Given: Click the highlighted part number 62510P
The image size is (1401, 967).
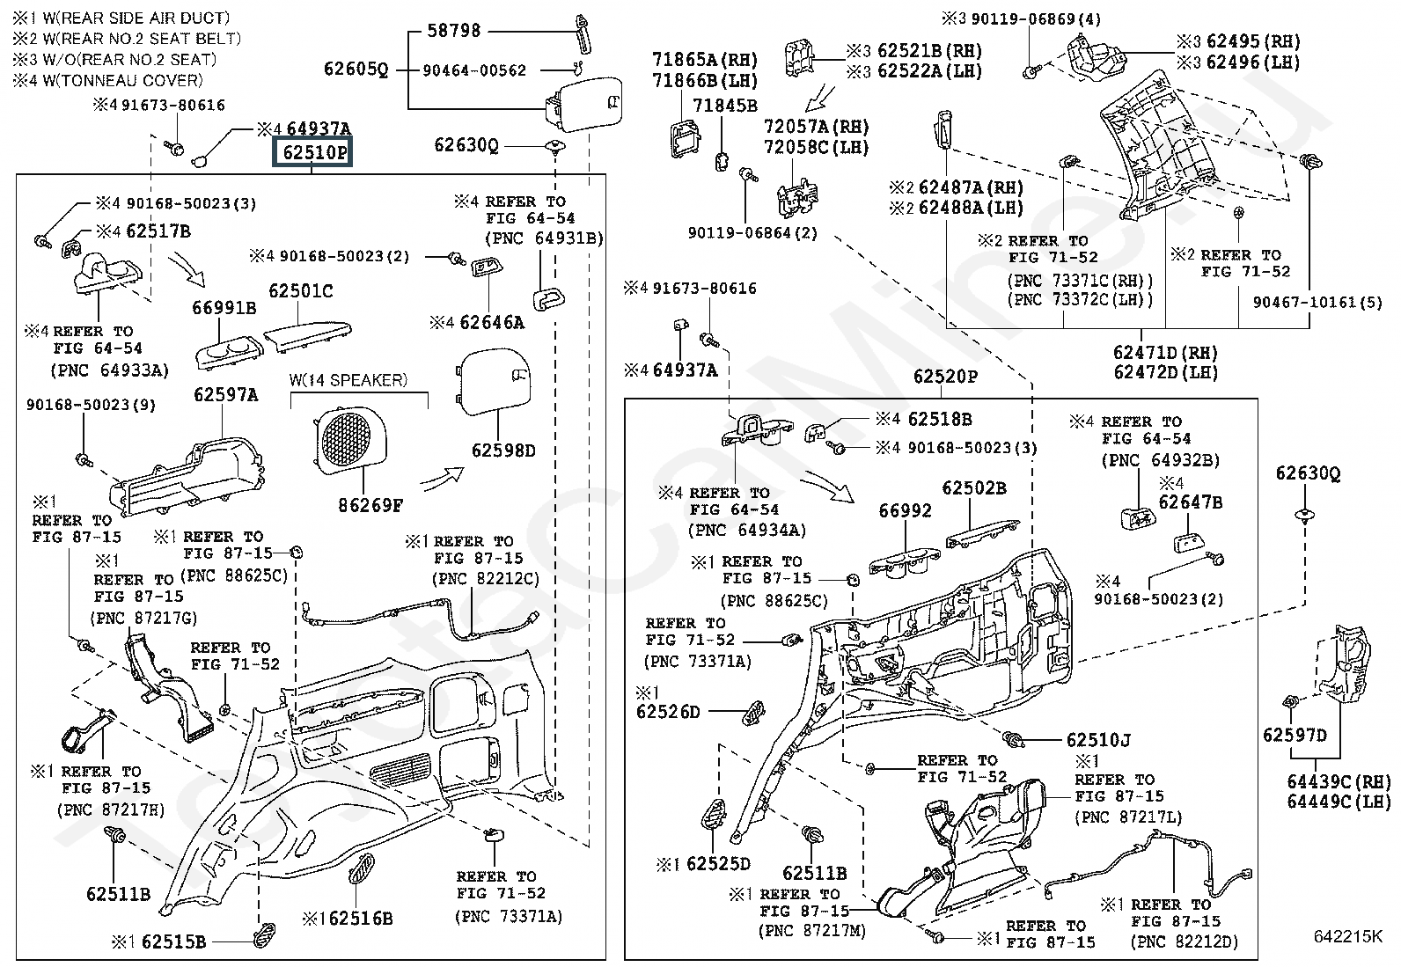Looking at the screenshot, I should [x=314, y=152].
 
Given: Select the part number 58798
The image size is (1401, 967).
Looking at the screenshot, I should [x=453, y=31].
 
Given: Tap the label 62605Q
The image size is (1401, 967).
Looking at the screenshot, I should [x=356, y=70].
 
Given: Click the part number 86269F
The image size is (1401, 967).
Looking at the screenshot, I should [x=370, y=505].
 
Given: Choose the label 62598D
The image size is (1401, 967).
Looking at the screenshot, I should [x=503, y=451].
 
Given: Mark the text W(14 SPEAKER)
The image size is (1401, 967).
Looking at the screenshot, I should [x=348, y=380].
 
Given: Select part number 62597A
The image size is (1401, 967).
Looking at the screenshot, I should [x=226, y=395].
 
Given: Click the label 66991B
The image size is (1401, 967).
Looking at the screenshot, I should [x=224, y=307].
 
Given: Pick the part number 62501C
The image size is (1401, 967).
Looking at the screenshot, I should [x=301, y=290].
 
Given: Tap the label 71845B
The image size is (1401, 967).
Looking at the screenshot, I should [x=724, y=106].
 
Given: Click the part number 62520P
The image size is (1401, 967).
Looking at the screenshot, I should [x=945, y=377].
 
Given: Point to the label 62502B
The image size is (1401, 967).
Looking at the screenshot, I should [x=974, y=487].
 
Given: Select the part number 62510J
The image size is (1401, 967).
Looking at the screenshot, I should [x=1098, y=741].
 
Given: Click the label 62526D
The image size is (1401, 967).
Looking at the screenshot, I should [x=668, y=711].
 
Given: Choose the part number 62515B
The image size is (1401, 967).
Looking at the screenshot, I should [x=173, y=941].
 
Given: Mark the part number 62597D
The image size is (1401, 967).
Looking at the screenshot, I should [x=1295, y=735].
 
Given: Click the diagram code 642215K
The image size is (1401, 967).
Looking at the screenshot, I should [x=1347, y=936].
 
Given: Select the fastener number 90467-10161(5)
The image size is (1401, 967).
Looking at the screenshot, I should [x=1317, y=303].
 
